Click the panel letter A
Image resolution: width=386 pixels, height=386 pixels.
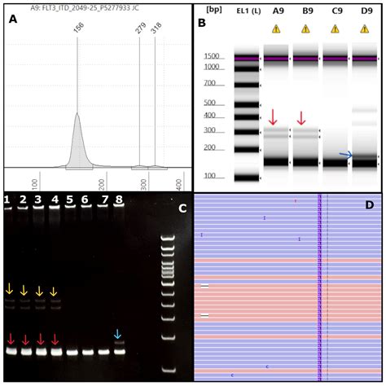(13, 20)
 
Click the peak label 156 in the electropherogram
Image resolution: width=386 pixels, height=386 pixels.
(78, 27)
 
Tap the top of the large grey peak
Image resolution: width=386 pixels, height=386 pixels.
(77, 115)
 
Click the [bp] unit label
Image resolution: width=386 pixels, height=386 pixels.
(214, 9)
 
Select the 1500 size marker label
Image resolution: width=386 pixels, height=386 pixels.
(213, 56)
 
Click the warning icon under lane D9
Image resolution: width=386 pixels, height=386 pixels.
(366, 29)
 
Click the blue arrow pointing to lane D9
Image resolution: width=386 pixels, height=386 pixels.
(345, 155)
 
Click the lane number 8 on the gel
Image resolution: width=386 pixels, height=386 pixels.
(120, 200)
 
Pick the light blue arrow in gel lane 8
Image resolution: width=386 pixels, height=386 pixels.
(118, 334)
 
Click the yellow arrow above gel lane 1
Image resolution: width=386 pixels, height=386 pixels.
(9, 289)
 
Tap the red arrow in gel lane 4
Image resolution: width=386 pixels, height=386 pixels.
(55, 339)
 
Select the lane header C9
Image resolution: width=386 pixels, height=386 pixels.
(336, 11)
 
